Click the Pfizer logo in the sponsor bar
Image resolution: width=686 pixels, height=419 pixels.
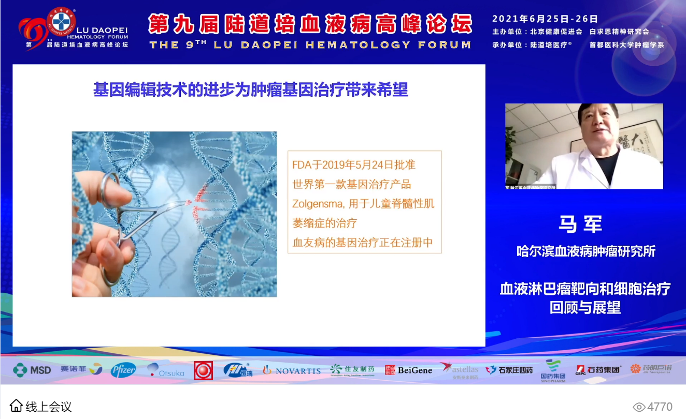pyautogui.click(x=123, y=369)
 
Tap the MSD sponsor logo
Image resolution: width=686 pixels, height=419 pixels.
pyautogui.click(x=32, y=370)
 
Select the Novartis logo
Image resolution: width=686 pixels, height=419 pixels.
pyautogui.click(x=292, y=370)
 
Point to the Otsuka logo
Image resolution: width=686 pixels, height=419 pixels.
pyautogui.click(x=165, y=370)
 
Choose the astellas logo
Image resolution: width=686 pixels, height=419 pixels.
pyautogui.click(x=460, y=369)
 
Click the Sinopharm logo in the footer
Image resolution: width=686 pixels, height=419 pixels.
pyautogui.click(x=553, y=370)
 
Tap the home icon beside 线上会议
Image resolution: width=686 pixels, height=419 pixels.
pyautogui.click(x=17, y=406)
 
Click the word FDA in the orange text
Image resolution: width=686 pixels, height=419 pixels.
pyautogui.click(x=301, y=165)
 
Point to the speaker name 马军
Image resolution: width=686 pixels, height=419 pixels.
pyautogui.click(x=580, y=225)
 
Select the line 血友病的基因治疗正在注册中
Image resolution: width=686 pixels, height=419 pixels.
pyautogui.click(x=363, y=243)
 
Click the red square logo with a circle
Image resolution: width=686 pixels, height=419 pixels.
pyautogui.click(x=203, y=370)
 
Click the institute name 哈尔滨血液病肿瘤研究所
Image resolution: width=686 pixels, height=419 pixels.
pyautogui.click(x=585, y=252)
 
